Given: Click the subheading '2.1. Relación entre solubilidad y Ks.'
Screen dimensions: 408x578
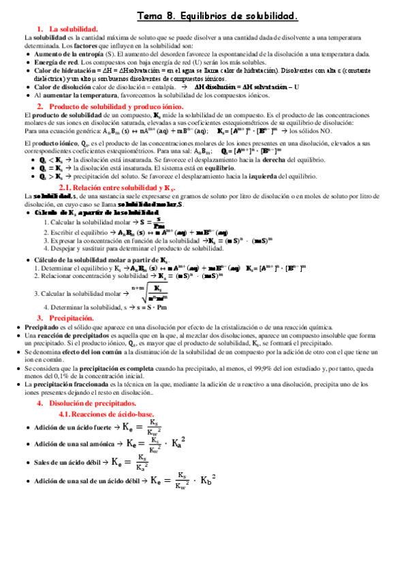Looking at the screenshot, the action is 118,187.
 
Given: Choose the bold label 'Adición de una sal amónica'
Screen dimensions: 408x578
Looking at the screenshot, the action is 75,444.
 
